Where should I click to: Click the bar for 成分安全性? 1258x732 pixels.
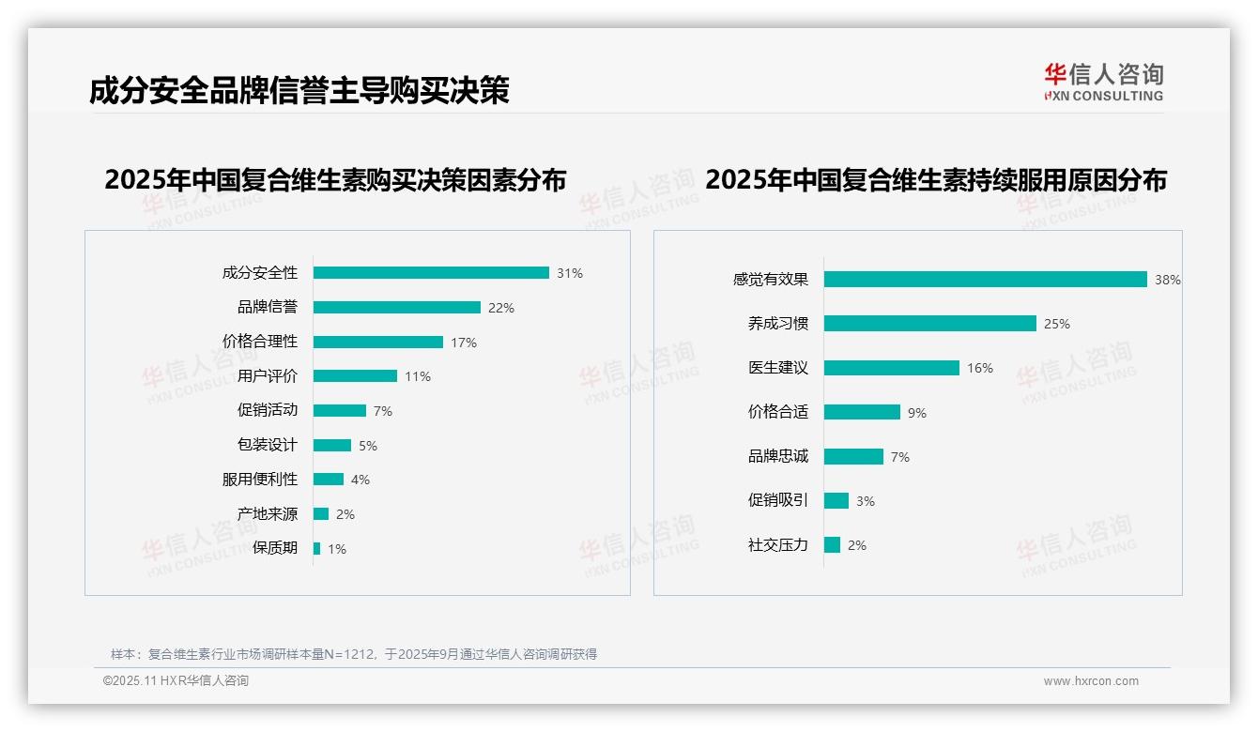431,273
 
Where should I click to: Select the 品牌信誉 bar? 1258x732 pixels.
396,308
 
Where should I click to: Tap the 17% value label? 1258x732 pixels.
464,343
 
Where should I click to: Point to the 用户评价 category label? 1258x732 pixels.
268,376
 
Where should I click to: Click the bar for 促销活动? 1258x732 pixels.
339,411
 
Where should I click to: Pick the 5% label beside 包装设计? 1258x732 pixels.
368,446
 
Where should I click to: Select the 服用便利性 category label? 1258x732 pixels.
260,480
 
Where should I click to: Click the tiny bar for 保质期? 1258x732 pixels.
316,549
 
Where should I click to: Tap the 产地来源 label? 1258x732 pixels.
268,514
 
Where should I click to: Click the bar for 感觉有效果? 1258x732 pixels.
985,280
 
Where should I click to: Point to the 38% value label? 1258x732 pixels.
1168,280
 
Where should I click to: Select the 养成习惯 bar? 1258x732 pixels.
929,324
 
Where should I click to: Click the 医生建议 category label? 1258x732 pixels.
778,368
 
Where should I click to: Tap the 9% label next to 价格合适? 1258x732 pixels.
917,413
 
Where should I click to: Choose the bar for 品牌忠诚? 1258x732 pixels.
853,457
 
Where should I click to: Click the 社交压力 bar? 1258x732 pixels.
832,545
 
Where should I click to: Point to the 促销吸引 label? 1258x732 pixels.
778,501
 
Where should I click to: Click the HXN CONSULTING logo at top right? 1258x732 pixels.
1103,83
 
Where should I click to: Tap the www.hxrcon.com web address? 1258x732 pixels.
1091,681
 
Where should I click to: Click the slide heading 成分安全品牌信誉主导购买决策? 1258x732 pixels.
299,91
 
